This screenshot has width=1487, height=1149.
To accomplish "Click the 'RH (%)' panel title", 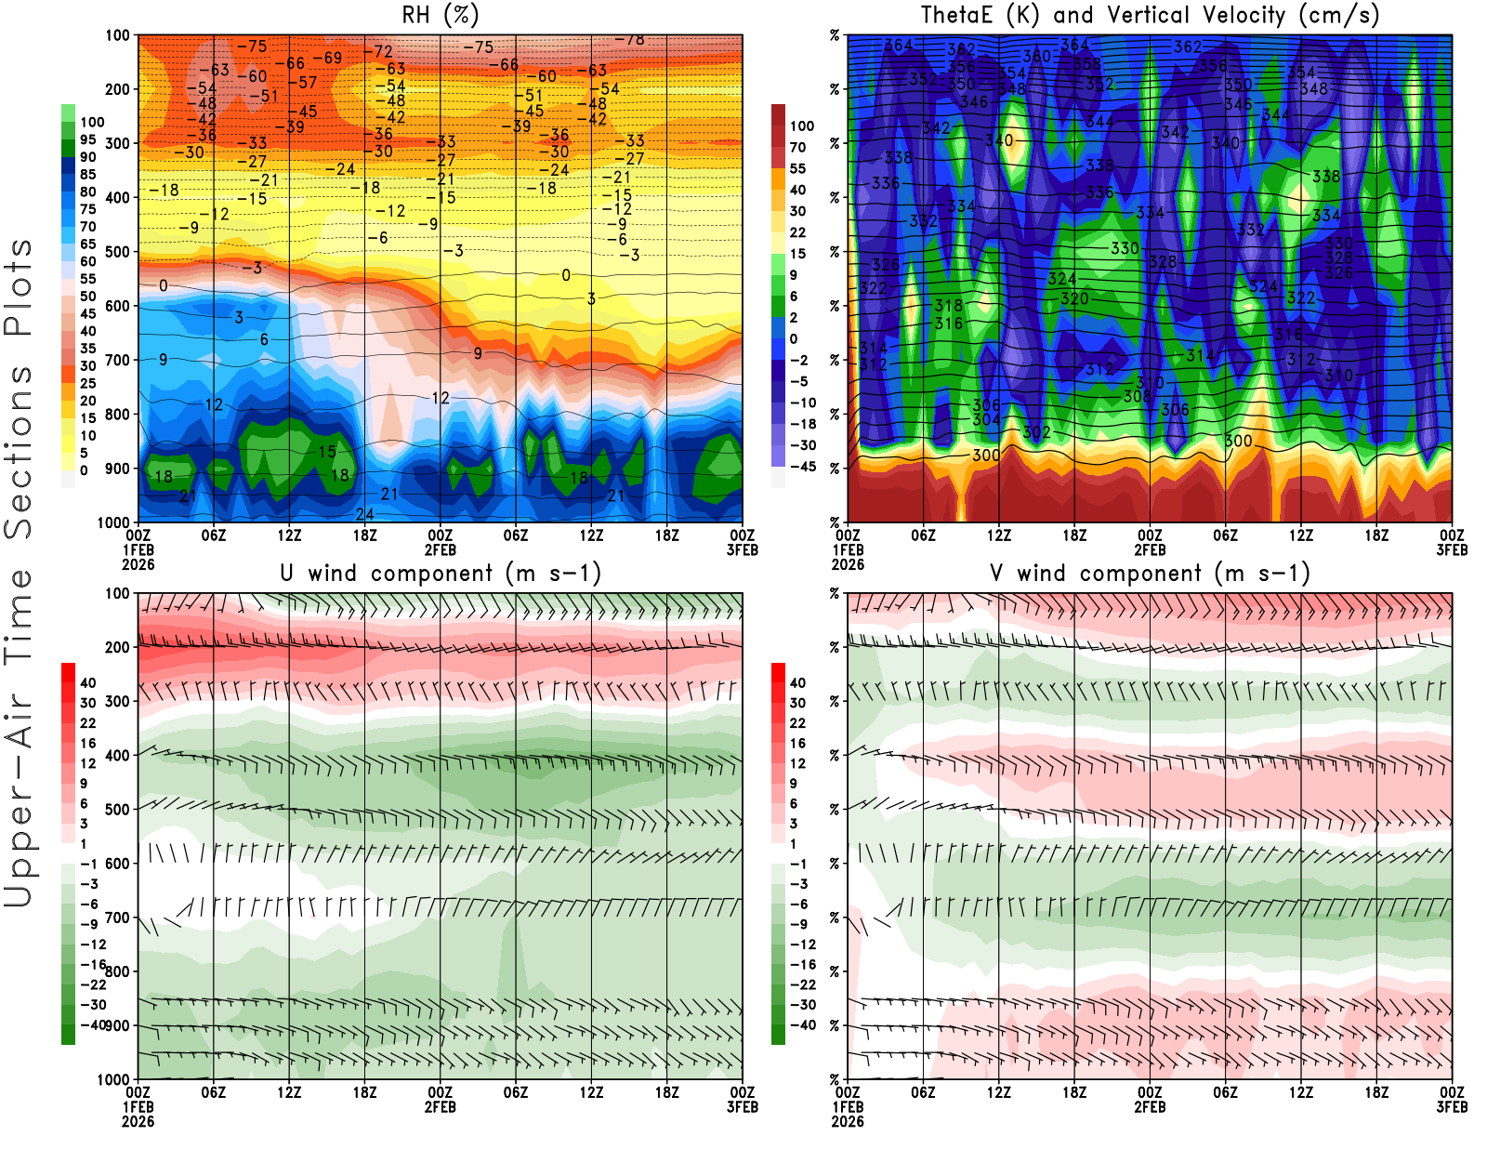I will pos(440,15).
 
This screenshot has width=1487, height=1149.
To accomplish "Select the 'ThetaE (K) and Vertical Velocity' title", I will pos(1150,15).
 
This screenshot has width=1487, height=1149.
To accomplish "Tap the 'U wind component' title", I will pos(440,573).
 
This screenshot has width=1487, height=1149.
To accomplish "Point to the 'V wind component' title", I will pos(1150,573).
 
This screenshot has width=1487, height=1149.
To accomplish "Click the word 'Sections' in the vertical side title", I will pos(19,451).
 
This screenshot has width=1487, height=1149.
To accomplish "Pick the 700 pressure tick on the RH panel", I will pos(117,360).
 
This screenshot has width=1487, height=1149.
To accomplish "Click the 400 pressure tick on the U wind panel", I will pos(117,755).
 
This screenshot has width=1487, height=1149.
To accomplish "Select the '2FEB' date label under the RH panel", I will pos(440,549).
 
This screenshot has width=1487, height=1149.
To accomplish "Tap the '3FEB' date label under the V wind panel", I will pos(1452,1107).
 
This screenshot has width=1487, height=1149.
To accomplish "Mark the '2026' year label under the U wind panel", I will pos(138,1121).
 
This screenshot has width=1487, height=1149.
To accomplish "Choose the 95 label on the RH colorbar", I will pos(88,139).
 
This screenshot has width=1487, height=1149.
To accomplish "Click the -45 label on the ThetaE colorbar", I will pos(803,467).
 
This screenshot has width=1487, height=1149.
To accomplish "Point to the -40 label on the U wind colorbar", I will pos(93,1024).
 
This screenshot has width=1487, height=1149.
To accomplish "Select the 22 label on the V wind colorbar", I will pos(797,723).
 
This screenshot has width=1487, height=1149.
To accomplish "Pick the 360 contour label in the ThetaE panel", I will pos(1036,56).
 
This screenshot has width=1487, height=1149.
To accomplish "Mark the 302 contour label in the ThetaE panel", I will pos(1036,432).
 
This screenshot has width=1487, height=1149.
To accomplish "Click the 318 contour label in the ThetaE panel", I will pos(949,305).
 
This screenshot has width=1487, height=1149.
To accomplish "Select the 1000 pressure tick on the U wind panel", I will pos(113,1079).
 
